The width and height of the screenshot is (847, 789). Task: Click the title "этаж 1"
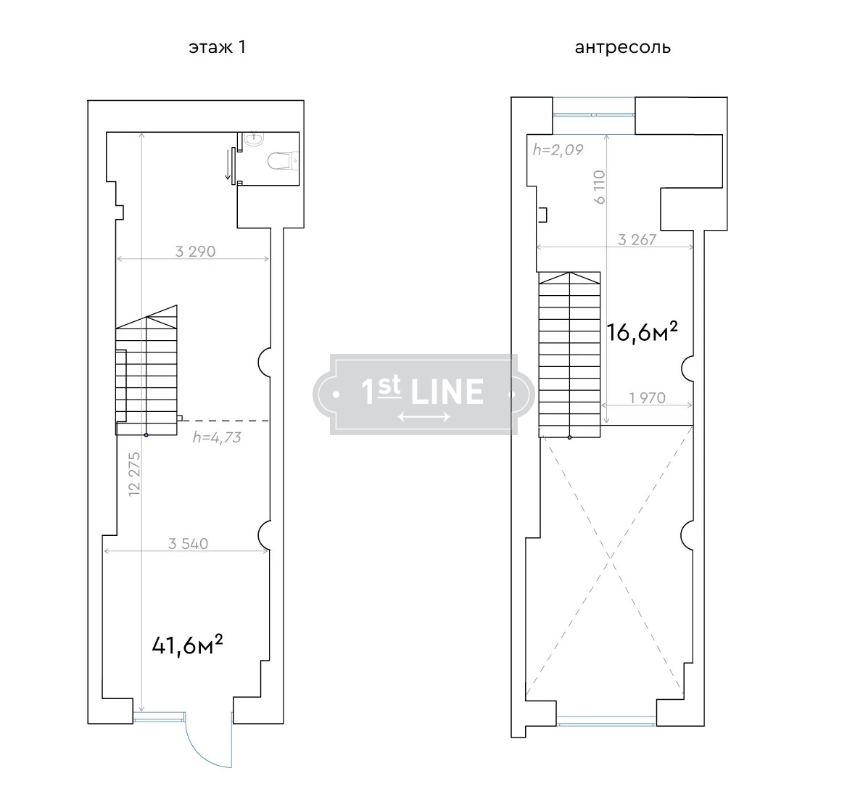[x=217, y=48]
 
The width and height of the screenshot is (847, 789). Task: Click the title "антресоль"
[x=622, y=48]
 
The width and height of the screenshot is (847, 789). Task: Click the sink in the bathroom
[x=253, y=139]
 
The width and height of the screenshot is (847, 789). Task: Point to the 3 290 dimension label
[x=195, y=251]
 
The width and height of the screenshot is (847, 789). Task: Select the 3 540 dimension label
[x=188, y=543]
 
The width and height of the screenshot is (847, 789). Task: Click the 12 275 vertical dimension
[x=134, y=474]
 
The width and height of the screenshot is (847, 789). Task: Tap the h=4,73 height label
[x=217, y=437]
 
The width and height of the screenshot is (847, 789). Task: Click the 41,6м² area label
[x=187, y=644]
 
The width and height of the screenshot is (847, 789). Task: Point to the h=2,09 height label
[x=558, y=149]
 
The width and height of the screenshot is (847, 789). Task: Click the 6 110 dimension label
[x=599, y=187]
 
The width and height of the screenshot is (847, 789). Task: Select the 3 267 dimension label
[x=637, y=239]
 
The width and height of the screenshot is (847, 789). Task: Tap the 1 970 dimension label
[x=647, y=397]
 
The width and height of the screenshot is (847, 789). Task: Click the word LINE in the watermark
[x=447, y=392]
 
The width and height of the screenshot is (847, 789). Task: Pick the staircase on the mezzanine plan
[x=569, y=355]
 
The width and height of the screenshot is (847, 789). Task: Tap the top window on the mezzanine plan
[x=594, y=115]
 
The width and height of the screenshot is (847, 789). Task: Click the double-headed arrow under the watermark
[x=424, y=416]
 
